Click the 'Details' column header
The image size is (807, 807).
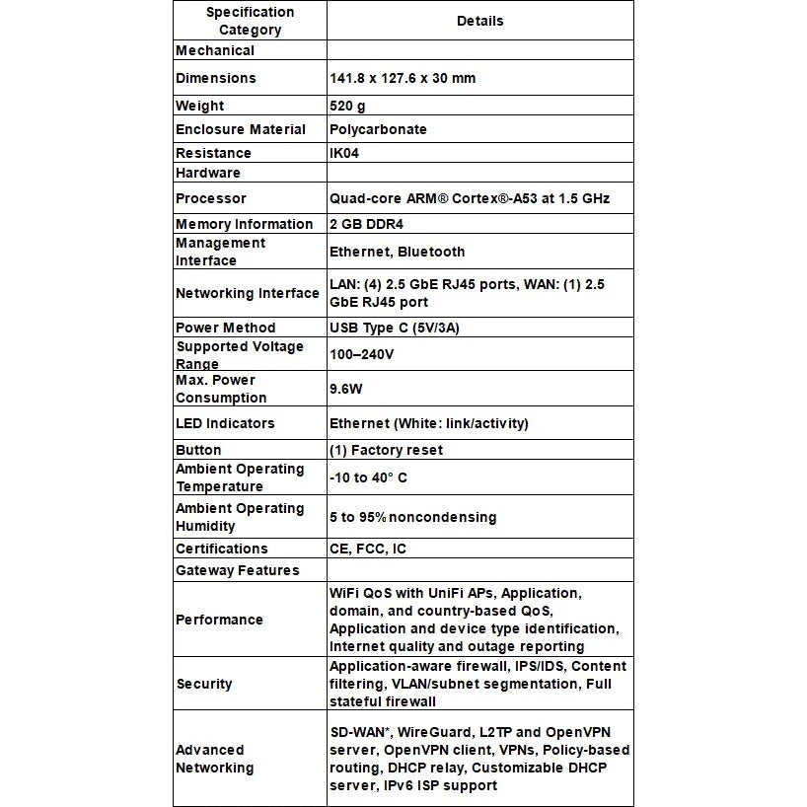[479, 21]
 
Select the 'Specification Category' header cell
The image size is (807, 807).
[250, 21]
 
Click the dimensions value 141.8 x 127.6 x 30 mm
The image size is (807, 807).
[402, 78]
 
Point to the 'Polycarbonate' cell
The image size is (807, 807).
[378, 129]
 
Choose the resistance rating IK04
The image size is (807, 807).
[345, 153]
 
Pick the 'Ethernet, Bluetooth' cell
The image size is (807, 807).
[397, 252]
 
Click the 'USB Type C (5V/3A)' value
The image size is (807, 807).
[400, 328]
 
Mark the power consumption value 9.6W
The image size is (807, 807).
[346, 389]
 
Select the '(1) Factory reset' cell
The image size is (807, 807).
[386, 450]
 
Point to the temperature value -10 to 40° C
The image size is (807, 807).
[368, 477]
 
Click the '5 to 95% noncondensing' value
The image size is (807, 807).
[412, 517]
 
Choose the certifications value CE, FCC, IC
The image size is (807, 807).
[367, 549]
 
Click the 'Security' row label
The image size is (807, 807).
[204, 684]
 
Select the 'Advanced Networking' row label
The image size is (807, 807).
[214, 759]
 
